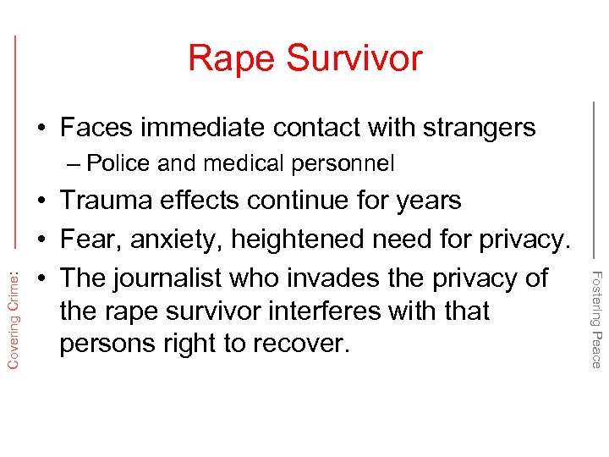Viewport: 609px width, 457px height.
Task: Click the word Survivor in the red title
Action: pyautogui.click(x=354, y=58)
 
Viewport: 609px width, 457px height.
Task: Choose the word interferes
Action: pyautogui.click(x=330, y=311)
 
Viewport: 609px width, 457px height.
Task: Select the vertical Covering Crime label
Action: pyautogui.click(x=14, y=314)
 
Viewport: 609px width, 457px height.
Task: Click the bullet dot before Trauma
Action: pyautogui.click(x=41, y=201)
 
